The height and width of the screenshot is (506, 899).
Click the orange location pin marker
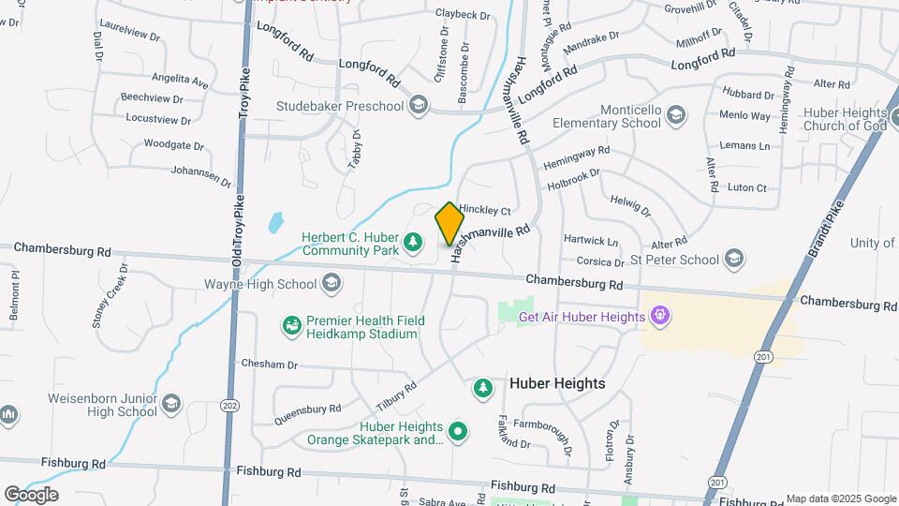click(x=449, y=224)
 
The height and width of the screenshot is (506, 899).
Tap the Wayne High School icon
click(x=331, y=283)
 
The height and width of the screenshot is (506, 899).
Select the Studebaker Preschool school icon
click(x=418, y=104)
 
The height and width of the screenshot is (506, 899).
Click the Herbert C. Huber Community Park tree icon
click(x=411, y=244)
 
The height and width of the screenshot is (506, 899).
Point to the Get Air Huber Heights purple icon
click(x=660, y=315)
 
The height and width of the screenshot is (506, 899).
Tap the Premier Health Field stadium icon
click(x=292, y=326)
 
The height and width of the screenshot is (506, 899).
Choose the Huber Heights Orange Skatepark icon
click(x=458, y=432)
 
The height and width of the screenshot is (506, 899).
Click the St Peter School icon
click(x=733, y=259)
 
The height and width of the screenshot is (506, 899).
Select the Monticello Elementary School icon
click(x=676, y=114)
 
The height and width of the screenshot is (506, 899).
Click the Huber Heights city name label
click(x=557, y=383)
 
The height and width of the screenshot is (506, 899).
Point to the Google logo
click(x=30, y=494)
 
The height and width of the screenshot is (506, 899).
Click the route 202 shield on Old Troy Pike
click(x=228, y=405)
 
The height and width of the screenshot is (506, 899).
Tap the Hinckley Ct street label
click(x=484, y=211)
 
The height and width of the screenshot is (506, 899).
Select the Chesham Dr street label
click(x=269, y=364)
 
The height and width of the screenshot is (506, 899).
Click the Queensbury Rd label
click(x=308, y=413)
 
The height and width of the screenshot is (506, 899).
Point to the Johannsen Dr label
click(x=200, y=174)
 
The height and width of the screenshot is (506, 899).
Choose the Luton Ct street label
click(x=747, y=188)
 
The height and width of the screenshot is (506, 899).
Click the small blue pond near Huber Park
click(x=275, y=223)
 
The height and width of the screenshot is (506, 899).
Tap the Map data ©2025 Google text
click(x=840, y=499)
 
